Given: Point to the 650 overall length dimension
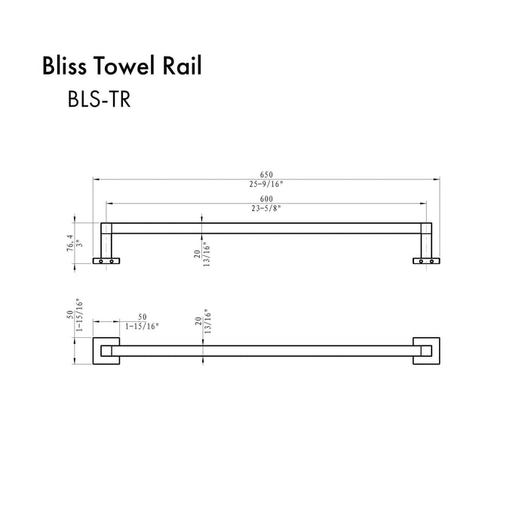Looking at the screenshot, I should (x=266, y=174).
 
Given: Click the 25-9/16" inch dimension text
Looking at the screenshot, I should (x=266, y=183).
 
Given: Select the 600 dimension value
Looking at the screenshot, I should (x=266, y=198).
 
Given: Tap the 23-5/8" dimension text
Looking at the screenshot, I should (x=266, y=207).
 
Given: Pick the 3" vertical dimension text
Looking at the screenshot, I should (x=79, y=244).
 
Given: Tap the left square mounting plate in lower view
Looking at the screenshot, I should (x=106, y=351).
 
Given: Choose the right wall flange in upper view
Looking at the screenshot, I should (x=425, y=260).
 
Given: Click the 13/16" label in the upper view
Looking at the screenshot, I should (x=207, y=258).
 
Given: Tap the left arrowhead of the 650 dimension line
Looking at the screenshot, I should (x=95, y=179).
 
